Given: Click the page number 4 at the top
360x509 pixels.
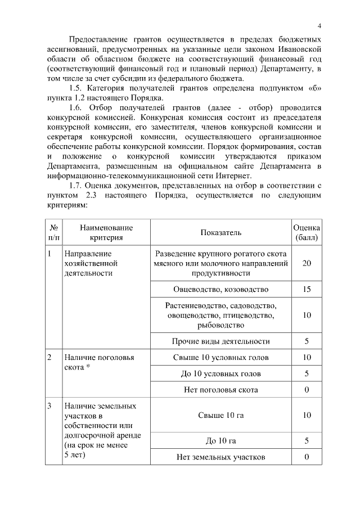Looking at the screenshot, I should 319,26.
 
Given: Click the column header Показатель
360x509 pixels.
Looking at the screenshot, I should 220,233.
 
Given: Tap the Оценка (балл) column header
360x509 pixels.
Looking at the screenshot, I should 307,233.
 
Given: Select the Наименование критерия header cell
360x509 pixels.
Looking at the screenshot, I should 106,233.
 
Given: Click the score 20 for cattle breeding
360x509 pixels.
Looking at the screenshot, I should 307,263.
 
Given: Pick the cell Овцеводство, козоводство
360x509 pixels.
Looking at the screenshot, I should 220,290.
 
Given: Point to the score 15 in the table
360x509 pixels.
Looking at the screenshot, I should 307,290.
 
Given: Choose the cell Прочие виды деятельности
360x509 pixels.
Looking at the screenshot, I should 220,341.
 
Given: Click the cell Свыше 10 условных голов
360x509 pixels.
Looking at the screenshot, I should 220,357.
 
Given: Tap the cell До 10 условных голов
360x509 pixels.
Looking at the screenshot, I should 220,373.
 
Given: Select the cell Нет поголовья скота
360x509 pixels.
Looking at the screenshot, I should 220,389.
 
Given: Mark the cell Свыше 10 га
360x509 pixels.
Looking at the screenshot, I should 220,416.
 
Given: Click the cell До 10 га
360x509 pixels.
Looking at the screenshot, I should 220,440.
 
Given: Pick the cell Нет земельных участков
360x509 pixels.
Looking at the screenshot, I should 220,457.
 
